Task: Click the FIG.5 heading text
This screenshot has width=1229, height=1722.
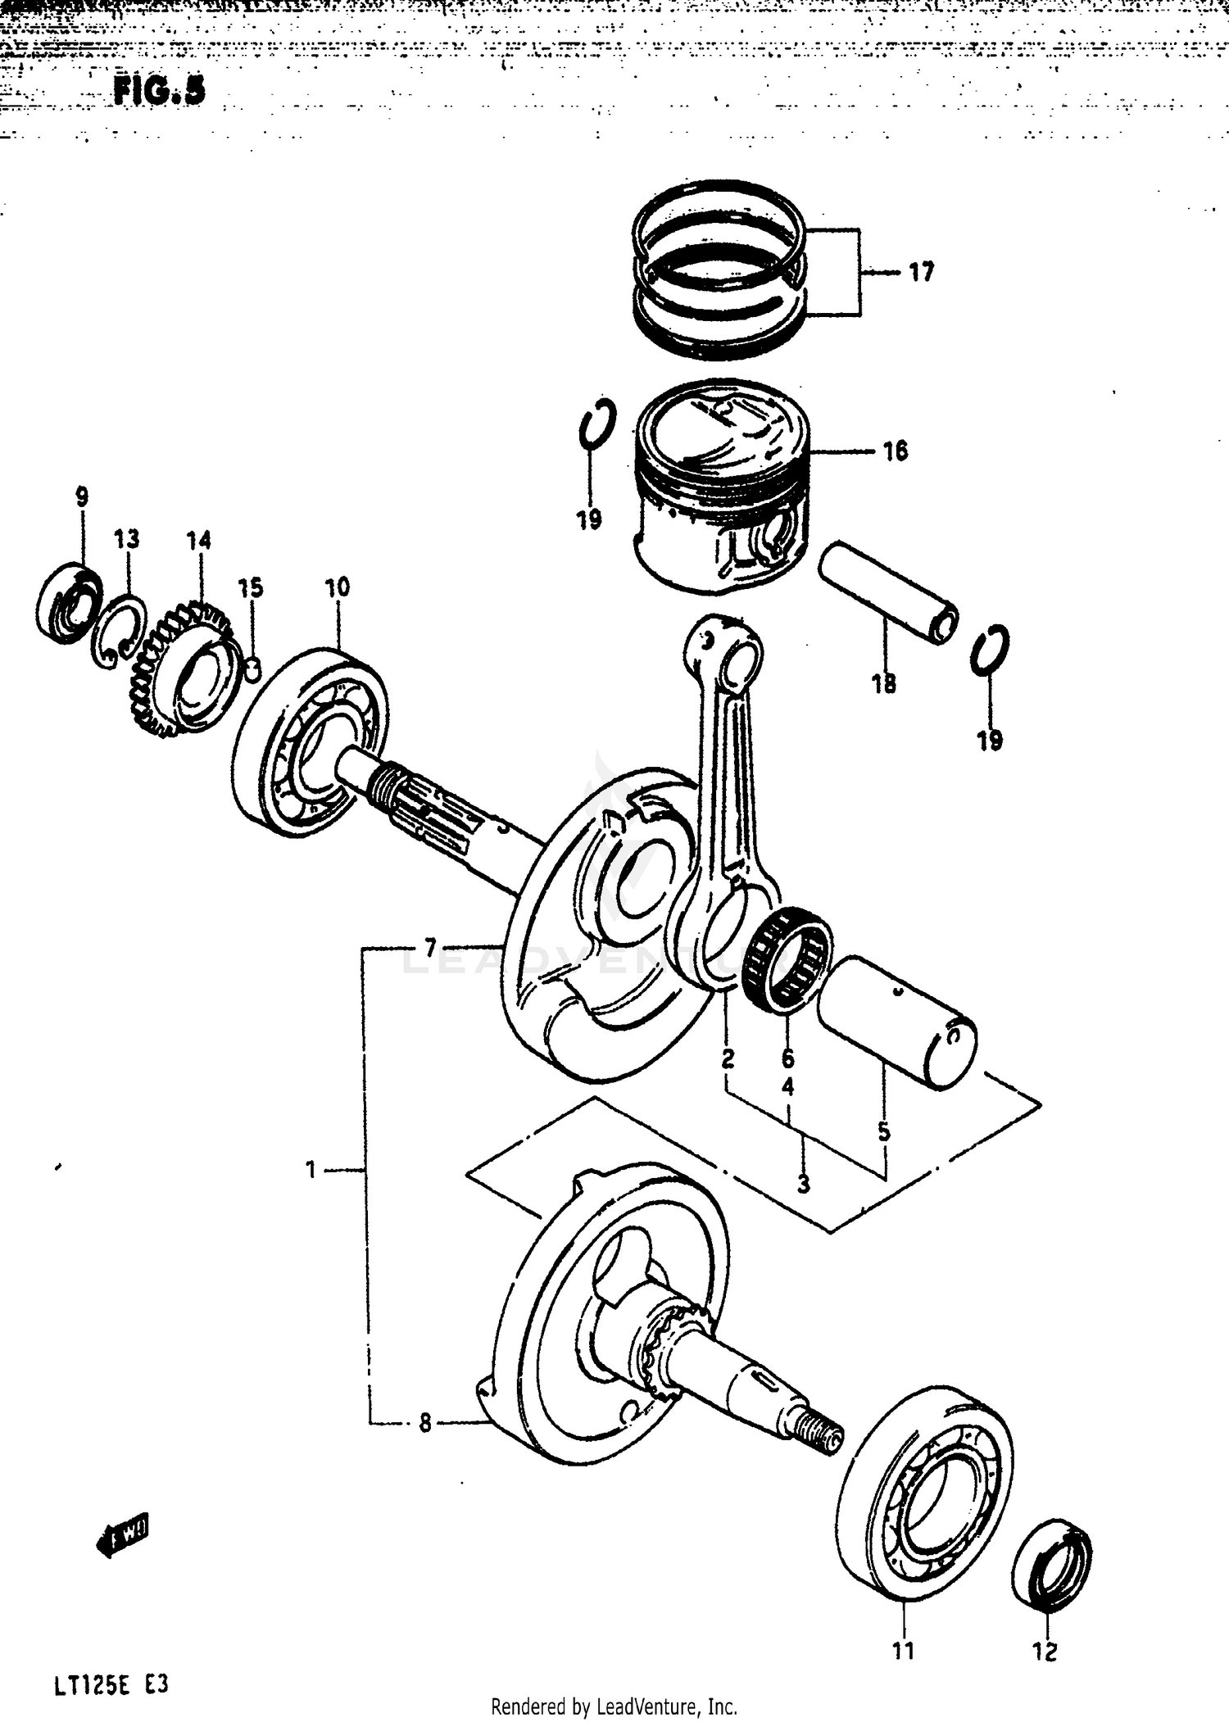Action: point(160,90)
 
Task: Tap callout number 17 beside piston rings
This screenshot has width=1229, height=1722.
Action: point(922,272)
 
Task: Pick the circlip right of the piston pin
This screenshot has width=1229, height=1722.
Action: point(991,650)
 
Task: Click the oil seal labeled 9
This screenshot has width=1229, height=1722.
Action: point(70,599)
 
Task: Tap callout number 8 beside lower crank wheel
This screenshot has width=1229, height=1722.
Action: point(424,1424)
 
